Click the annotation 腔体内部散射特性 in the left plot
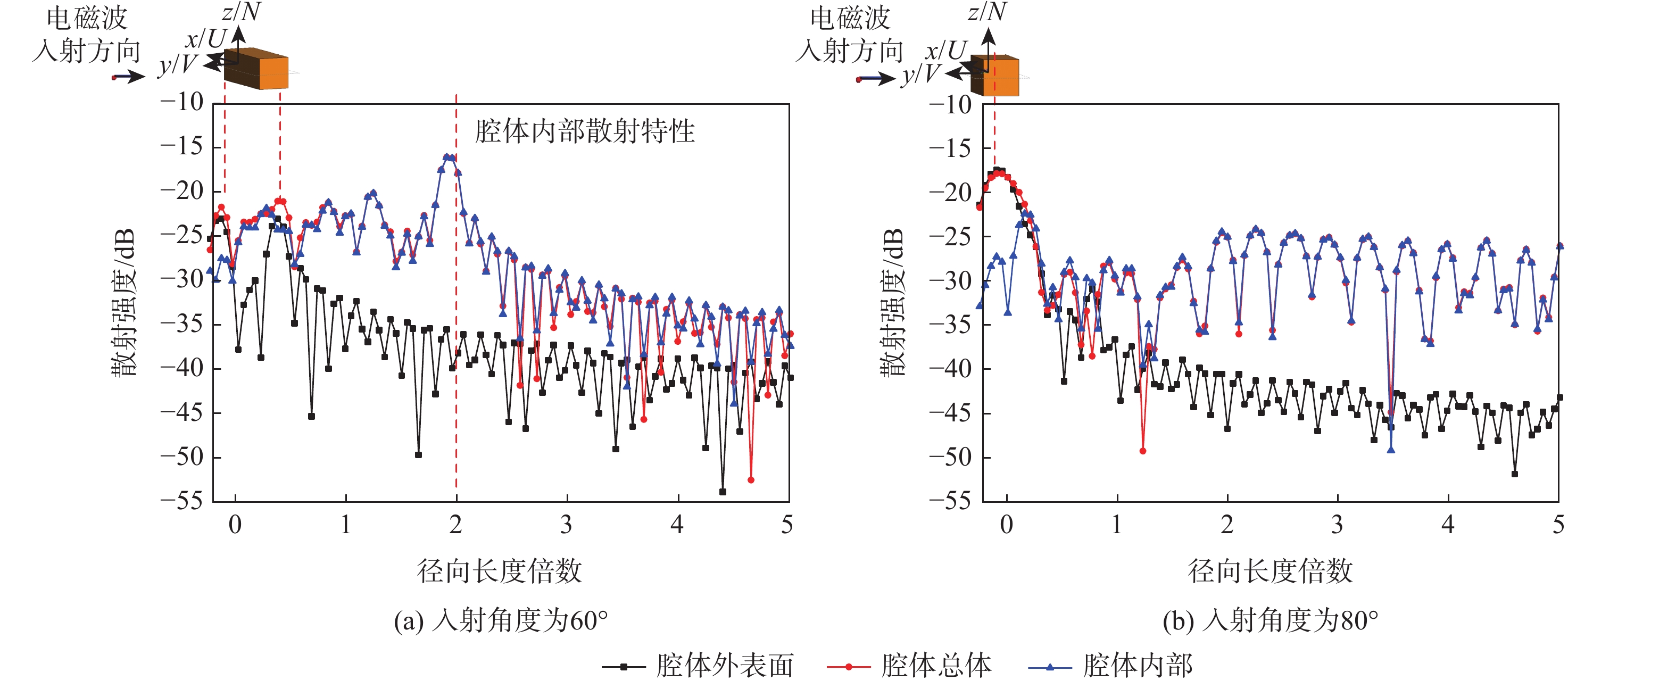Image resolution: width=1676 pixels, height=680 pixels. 584,131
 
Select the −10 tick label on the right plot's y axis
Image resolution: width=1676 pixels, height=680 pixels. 950,104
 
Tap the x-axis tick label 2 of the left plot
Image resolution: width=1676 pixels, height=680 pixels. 455,525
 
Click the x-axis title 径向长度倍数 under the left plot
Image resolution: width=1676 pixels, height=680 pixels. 499,571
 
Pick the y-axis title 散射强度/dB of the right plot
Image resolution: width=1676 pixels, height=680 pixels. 892,303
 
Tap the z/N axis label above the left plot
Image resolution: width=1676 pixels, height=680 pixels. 240,12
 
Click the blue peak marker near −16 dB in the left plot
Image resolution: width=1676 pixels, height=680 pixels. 446,157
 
